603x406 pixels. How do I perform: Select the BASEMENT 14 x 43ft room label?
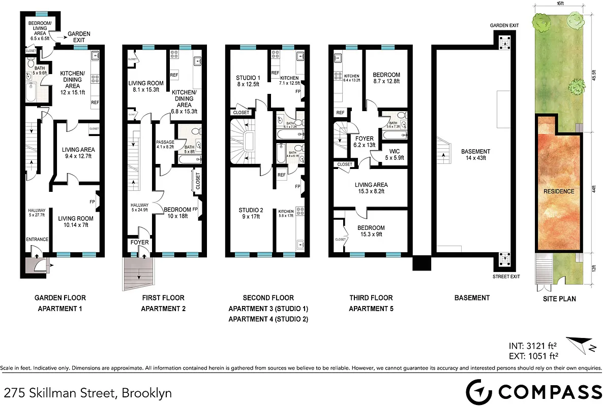point(475,154)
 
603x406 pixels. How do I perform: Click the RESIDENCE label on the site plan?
point(559,191)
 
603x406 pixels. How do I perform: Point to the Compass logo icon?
point(479,392)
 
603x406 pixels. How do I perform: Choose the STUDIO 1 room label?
point(248,81)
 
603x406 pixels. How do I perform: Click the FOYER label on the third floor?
point(365,142)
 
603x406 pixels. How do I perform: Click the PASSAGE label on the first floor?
point(165,145)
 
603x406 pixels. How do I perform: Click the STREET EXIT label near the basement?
point(506,277)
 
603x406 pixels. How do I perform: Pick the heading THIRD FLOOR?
point(371,298)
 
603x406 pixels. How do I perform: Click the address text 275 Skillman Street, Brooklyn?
point(87,392)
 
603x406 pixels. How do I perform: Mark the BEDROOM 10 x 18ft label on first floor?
point(177,213)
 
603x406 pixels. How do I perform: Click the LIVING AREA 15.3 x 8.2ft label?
point(371,188)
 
